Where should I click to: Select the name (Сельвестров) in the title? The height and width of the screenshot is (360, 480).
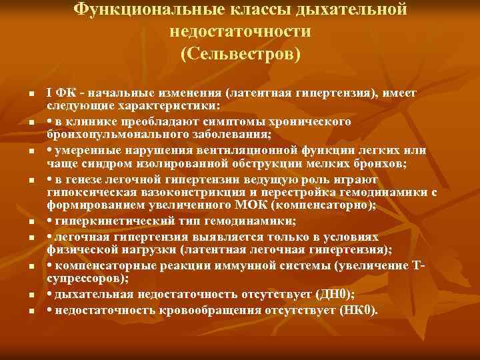241,53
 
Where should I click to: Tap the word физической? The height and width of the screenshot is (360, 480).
77,251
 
